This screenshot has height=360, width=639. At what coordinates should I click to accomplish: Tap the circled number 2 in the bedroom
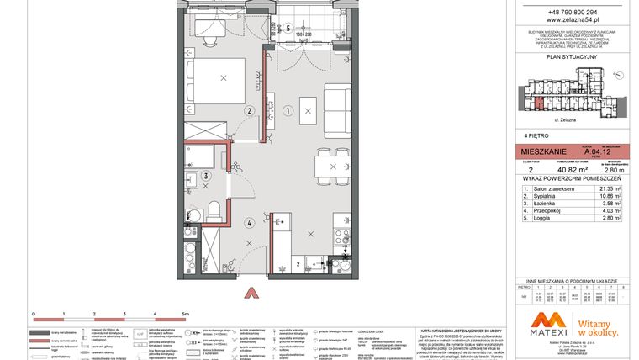249,110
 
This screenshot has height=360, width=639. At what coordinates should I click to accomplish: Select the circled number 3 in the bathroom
206,176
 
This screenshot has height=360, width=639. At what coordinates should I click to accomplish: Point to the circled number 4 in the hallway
249,223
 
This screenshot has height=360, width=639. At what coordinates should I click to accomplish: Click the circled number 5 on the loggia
287,27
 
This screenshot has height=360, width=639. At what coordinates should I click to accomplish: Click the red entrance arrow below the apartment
249,293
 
